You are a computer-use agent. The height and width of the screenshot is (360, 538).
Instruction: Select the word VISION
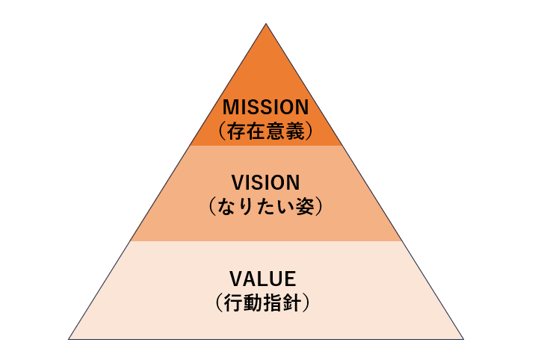(x=266, y=182)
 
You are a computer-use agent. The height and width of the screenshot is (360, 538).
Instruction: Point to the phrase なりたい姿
(x=266, y=206)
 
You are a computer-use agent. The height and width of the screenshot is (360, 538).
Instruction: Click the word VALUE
(x=266, y=280)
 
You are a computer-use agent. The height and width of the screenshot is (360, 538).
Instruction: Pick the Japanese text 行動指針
(x=266, y=303)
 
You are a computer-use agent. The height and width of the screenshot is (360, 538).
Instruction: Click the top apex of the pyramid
(x=266, y=24)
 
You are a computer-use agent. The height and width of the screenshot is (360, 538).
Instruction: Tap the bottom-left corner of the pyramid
(x=69, y=339)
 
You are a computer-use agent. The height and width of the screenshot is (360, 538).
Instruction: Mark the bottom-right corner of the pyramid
(x=463, y=339)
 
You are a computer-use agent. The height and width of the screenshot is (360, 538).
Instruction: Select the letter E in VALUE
(x=291, y=280)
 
